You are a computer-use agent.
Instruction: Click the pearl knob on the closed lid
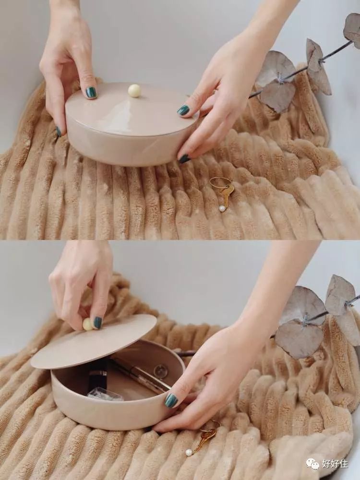(134, 91)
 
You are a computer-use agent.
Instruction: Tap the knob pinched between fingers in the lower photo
(87, 324)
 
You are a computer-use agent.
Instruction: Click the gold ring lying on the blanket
(220, 183)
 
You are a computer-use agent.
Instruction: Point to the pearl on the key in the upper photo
(222, 208)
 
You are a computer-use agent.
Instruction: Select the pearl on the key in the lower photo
(190, 453)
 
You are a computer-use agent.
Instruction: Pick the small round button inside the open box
(160, 372)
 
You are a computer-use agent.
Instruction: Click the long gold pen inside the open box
(141, 375)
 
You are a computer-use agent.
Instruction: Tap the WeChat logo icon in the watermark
(312, 464)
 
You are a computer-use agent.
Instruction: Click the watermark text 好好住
(335, 464)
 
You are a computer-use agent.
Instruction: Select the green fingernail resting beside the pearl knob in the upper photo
(91, 93)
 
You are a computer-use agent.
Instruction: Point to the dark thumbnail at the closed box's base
(184, 158)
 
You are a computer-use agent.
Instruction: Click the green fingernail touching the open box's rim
(171, 400)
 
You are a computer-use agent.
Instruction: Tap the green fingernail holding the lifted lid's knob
(97, 323)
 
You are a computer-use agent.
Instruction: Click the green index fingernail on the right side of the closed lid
(183, 110)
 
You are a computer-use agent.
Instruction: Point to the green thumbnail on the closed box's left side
(59, 132)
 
